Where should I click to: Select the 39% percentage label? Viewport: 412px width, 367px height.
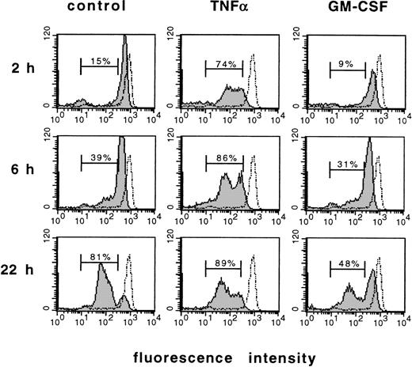98,159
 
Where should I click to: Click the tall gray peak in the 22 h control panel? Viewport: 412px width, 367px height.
101,281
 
